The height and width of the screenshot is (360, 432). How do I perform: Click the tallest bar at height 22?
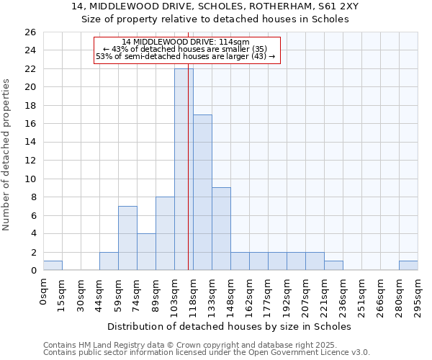click(184, 169)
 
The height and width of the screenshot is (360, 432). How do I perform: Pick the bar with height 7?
click(127, 238)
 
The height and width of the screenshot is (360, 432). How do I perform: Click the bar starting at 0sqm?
click(53, 266)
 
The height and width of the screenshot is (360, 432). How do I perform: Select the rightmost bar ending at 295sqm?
click(408, 266)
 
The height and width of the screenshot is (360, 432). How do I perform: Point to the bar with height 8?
click(165, 233)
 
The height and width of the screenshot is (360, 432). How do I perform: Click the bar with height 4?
click(146, 252)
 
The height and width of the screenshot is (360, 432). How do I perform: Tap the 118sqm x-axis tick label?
click(194, 294)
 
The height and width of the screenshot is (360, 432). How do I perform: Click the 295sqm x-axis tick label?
click(418, 294)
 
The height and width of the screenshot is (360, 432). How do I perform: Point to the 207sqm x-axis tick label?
click(306, 294)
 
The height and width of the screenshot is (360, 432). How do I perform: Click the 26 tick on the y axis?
click(30, 32)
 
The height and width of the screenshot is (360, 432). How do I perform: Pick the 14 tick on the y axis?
click(30, 142)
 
